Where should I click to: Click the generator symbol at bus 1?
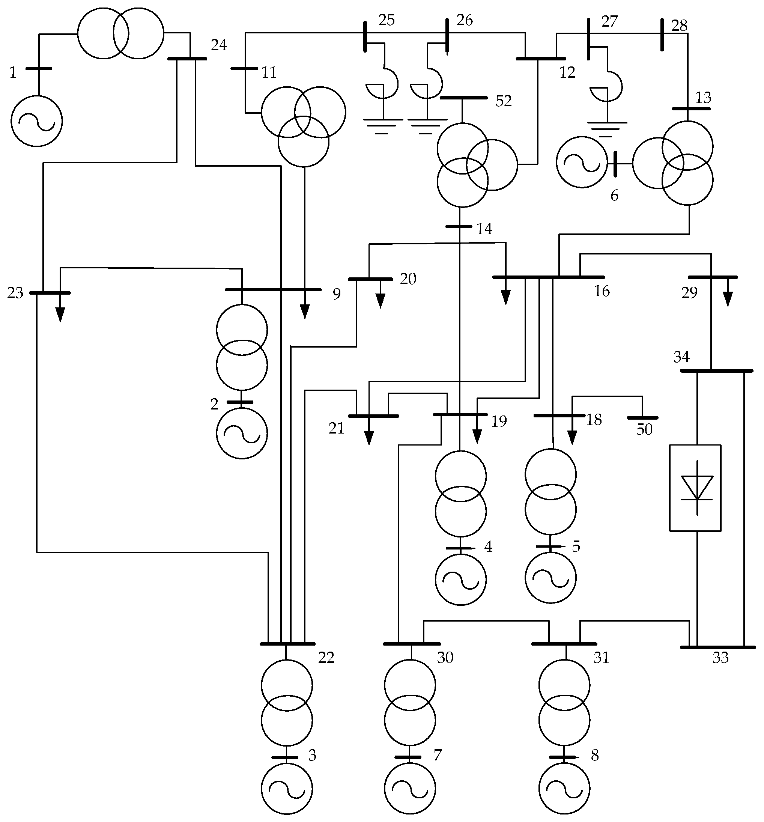(37, 121)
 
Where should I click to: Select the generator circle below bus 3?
(287, 789)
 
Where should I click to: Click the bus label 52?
(503, 101)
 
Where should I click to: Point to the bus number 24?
(219, 45)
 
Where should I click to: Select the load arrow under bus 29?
(728, 298)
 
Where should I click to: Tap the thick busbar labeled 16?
(549, 277)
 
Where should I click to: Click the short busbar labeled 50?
(642, 418)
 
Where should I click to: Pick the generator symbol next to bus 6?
(582, 162)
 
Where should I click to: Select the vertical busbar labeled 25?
(365, 37)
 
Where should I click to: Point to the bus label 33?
(720, 658)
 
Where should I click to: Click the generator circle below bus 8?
(565, 789)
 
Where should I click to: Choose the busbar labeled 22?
(287, 644)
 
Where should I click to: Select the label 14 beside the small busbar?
(484, 229)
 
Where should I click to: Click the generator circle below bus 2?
(242, 433)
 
